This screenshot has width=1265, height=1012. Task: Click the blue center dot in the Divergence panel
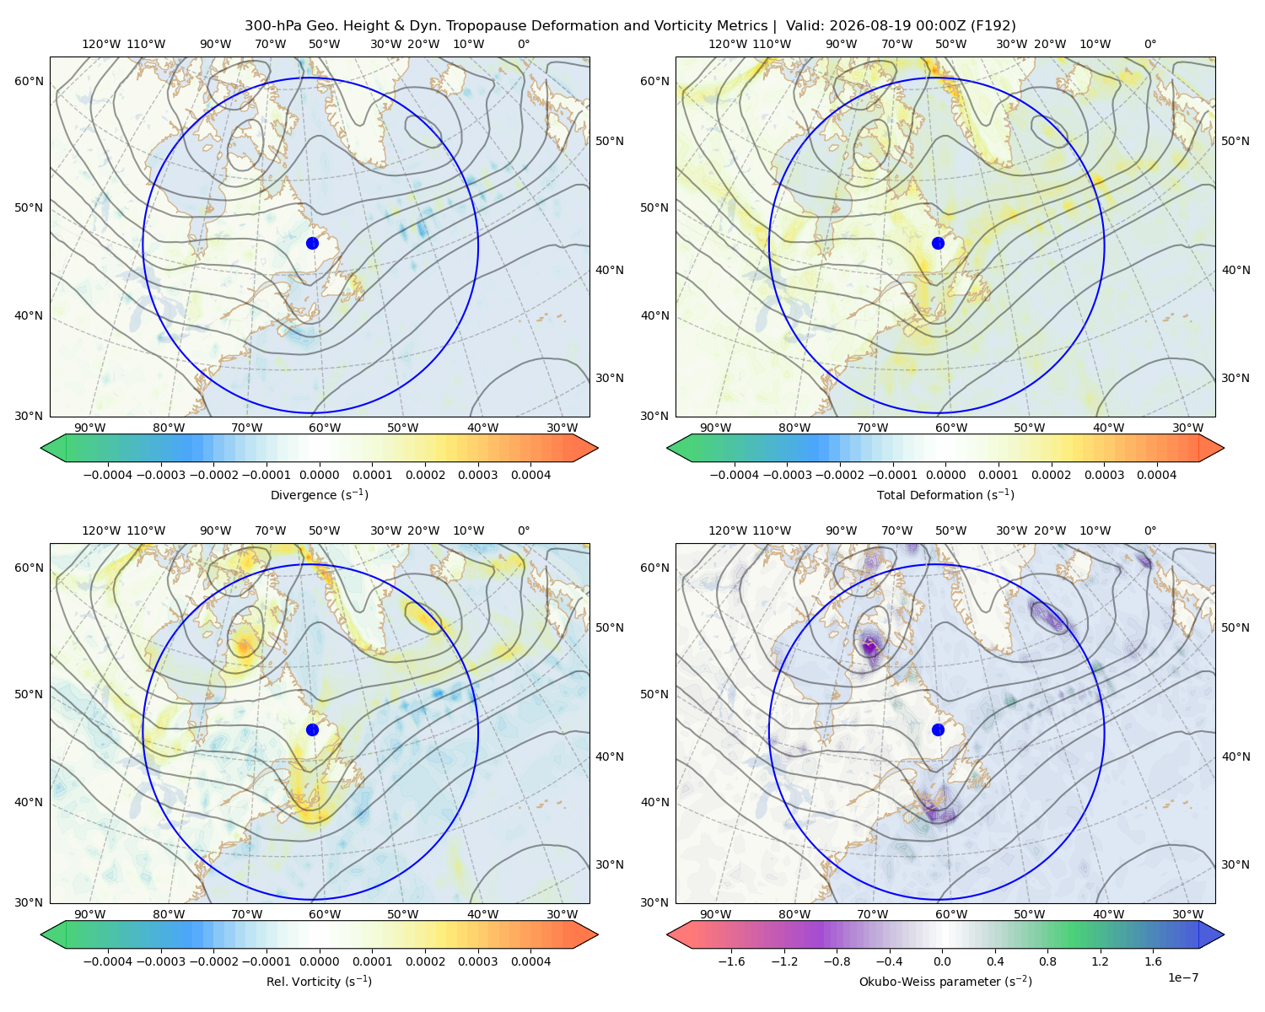[x=312, y=243]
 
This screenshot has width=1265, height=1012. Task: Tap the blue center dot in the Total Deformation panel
[x=938, y=243]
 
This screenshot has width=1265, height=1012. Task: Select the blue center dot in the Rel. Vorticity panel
[x=312, y=729]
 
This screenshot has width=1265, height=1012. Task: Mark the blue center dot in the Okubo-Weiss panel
[x=938, y=729]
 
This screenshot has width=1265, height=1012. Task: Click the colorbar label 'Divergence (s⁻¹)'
[x=319, y=494]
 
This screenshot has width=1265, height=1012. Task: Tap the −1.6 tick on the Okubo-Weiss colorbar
[x=731, y=961]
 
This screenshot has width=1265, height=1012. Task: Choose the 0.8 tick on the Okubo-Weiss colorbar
[x=1047, y=961]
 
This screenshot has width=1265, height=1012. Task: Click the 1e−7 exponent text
[x=1182, y=977]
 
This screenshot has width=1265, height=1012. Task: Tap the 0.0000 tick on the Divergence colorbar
[x=319, y=475]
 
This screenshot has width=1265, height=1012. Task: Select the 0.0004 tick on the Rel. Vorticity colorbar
[x=530, y=961]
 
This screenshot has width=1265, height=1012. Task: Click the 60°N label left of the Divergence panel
[x=29, y=81]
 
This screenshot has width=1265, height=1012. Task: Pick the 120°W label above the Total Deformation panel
[x=727, y=44]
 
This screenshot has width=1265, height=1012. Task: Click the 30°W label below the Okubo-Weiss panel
[x=1187, y=914]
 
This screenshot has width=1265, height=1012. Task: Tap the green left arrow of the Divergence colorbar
[x=53, y=448]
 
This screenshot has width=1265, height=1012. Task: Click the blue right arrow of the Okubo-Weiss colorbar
[x=1212, y=934]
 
